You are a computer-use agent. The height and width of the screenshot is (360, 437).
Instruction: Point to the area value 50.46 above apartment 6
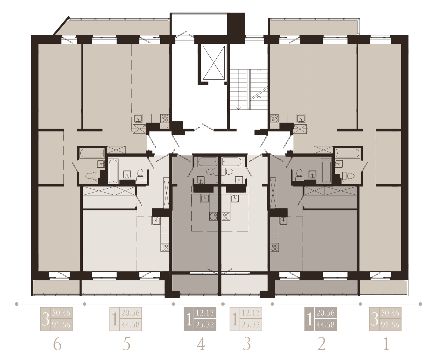point(61,312)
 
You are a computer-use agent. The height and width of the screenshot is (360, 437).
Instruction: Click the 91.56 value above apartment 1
point(390,324)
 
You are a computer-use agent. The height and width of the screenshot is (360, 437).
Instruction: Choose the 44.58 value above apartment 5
point(131,324)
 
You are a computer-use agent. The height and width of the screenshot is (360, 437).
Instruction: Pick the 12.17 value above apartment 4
point(205,312)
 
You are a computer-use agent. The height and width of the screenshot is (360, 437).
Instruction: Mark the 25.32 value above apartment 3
point(251,324)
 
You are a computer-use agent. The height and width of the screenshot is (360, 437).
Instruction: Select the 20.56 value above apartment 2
point(325,312)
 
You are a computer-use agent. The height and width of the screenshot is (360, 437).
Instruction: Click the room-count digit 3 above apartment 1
point(374,319)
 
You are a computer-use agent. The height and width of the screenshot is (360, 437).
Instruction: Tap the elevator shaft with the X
point(214,63)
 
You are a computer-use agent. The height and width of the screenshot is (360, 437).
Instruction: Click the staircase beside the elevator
point(249,89)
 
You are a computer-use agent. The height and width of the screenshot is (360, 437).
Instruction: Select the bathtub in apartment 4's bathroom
point(208,162)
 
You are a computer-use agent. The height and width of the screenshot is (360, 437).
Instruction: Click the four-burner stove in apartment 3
point(226,216)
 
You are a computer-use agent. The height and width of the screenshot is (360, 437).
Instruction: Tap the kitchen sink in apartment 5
point(156,221)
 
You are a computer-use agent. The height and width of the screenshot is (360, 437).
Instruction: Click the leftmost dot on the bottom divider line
point(17,304)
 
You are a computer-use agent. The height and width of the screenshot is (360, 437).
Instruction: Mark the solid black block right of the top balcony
point(236,24)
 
